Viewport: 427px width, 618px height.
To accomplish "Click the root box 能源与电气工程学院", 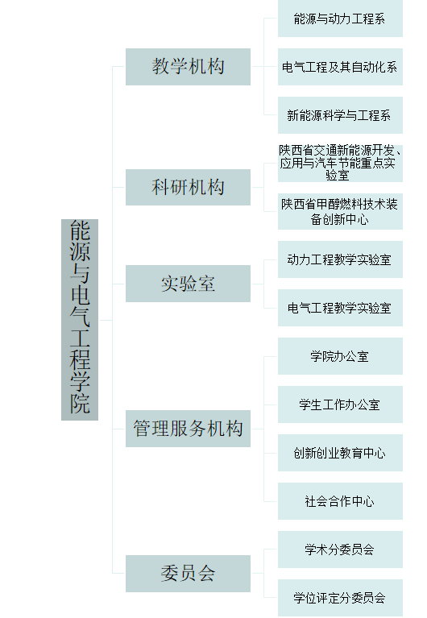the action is pyautogui.click(x=80, y=320).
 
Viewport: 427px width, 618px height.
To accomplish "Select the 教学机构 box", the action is pyautogui.click(x=188, y=67).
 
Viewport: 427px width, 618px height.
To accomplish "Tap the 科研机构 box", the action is pyautogui.click(x=188, y=187).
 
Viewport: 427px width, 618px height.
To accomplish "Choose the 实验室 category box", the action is pyautogui.click(x=188, y=284).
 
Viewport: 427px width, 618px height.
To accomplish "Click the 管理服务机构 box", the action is pyautogui.click(x=188, y=429).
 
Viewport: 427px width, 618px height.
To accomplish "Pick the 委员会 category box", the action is pyautogui.click(x=188, y=574).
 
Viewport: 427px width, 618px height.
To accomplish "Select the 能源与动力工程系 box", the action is pyautogui.click(x=340, y=19).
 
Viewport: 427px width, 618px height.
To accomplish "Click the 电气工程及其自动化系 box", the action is pyautogui.click(x=340, y=67).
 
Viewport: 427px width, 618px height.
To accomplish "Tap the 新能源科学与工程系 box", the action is pyautogui.click(x=340, y=115).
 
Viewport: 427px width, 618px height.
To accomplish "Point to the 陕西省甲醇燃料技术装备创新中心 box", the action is pyautogui.click(x=340, y=212).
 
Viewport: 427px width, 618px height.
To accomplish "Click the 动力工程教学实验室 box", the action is pyautogui.click(x=340, y=259).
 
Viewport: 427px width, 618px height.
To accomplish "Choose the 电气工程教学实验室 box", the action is pyautogui.click(x=340, y=308).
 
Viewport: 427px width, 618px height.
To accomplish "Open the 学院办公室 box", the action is pyautogui.click(x=340, y=356).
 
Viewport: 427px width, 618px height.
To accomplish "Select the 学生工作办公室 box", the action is pyautogui.click(x=340, y=404).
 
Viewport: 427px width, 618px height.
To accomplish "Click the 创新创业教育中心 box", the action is pyautogui.click(x=340, y=453).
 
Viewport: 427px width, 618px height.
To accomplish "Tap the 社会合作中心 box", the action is pyautogui.click(x=340, y=501).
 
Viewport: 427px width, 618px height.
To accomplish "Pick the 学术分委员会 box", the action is pyautogui.click(x=340, y=550).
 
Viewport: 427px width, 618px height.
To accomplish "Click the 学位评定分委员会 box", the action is pyautogui.click(x=340, y=598).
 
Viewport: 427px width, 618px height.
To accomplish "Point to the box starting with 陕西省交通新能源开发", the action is pyautogui.click(x=340, y=164).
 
